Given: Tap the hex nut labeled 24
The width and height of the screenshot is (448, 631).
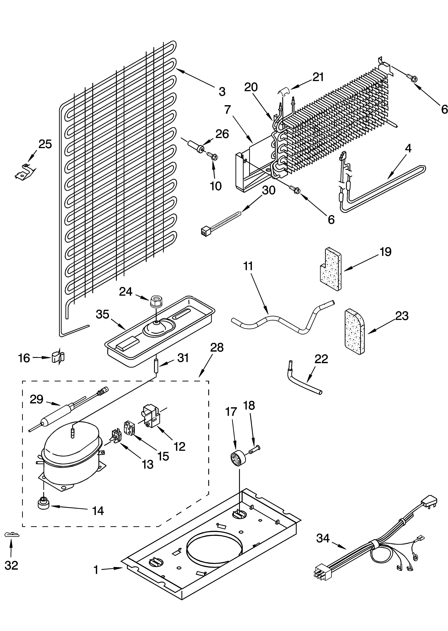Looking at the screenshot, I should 156,301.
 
